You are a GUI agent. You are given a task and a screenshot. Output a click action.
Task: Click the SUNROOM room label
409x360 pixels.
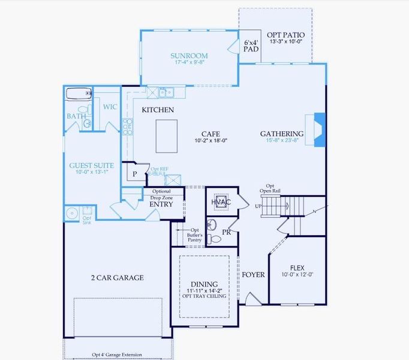coord(189,55)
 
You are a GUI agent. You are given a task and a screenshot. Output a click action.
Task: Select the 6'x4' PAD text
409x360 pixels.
coord(251,47)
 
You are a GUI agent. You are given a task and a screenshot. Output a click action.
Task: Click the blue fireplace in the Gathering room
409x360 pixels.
coord(319,130)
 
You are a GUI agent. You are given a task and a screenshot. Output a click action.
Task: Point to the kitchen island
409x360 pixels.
coord(167,136)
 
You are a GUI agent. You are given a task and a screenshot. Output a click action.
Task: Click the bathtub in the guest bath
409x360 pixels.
coord(78,93)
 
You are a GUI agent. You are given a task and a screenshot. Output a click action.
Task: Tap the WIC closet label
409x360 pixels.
coord(110,107)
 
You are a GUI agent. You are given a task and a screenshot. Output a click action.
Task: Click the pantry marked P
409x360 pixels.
coord(134,173)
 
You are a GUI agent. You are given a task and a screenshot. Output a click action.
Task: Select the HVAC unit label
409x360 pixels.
coord(221,202)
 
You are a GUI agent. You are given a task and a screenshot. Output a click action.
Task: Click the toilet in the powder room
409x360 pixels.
coord(215,239)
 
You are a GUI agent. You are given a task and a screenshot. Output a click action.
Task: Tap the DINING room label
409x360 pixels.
coord(204,284)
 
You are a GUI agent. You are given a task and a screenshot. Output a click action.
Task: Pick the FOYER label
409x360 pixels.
coord(253,275)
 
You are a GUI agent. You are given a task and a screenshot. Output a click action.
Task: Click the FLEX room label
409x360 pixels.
coord(297,268)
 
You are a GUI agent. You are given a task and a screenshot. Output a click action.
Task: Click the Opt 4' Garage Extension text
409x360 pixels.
coord(117,355)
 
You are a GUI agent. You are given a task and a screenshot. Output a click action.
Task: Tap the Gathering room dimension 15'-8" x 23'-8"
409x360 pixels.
coord(282,141)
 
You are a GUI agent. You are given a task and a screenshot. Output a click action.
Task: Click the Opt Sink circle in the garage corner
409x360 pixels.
coord(72,212)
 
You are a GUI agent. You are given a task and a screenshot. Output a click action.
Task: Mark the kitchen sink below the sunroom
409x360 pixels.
coord(166,92)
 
